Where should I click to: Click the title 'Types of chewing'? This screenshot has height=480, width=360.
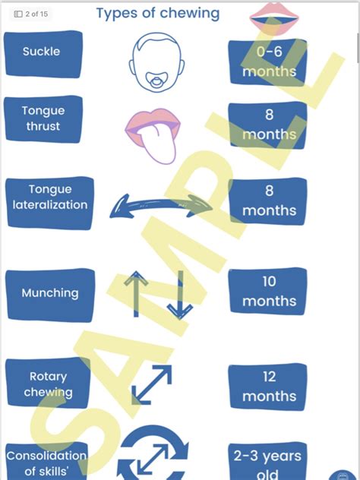158,13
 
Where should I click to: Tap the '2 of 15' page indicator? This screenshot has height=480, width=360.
31,14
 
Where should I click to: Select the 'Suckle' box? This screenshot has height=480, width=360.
43,54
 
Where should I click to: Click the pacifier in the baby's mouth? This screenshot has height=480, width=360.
156,81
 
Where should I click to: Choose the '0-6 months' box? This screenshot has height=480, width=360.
268,62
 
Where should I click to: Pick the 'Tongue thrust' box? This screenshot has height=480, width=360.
43,119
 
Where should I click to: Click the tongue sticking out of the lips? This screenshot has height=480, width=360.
159,142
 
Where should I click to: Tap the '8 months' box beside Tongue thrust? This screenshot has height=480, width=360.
268,125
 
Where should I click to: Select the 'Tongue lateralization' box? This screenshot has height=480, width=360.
49,203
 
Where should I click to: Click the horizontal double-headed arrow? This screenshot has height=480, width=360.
160,206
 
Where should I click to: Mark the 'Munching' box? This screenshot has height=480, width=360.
50,295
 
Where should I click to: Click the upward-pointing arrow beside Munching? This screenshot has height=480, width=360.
136,294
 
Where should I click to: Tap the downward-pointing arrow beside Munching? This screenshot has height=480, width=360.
180,295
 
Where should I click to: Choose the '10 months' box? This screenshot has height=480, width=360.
268,291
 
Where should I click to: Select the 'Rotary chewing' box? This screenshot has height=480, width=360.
48,384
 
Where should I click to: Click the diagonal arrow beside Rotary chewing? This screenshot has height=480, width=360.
152,384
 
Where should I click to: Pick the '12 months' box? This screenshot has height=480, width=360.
268,387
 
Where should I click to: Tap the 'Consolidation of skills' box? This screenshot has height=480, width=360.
46,461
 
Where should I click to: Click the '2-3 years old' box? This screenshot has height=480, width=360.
268,462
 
